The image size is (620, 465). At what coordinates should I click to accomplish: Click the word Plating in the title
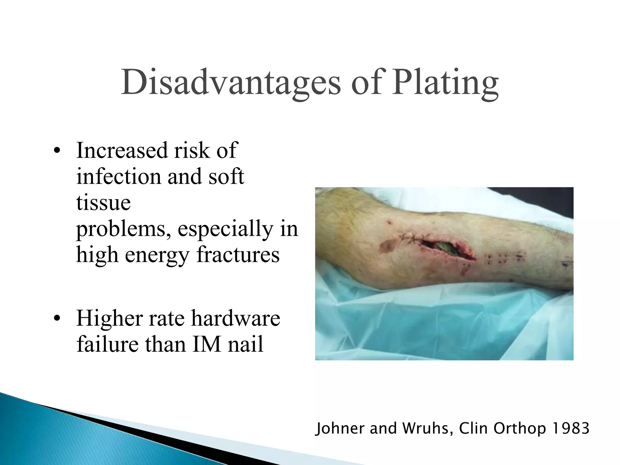445,82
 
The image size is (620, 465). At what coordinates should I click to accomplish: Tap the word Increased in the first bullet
122,150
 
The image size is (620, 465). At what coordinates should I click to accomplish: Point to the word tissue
103,203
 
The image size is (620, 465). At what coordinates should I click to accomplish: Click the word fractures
238,255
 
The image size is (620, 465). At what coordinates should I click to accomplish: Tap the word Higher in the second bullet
109,318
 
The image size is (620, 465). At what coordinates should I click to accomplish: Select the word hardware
236,318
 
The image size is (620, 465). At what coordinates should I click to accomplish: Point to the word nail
246,345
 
